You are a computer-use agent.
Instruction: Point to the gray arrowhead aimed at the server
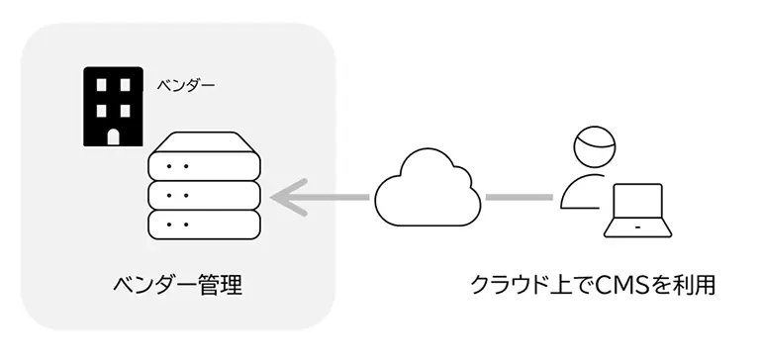click(x=288, y=196)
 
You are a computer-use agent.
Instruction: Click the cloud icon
click(x=427, y=188)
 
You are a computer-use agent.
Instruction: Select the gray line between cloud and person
click(x=519, y=196)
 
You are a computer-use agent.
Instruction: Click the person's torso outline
click(x=582, y=191)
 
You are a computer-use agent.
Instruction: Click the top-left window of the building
click(x=98, y=86)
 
